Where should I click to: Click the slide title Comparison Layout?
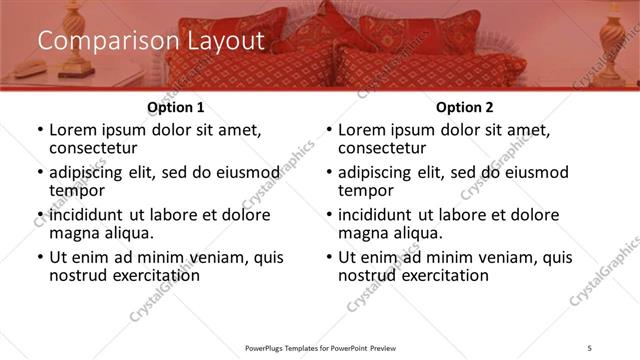pos(150,41)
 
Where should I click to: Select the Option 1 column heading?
pos(175,107)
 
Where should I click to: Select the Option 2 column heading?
pos(463,107)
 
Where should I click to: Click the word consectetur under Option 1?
pos(93,148)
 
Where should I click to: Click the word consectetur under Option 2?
pos(382,148)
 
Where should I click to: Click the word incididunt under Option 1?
pos(89,215)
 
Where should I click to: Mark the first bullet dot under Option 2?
pos(328,131)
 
